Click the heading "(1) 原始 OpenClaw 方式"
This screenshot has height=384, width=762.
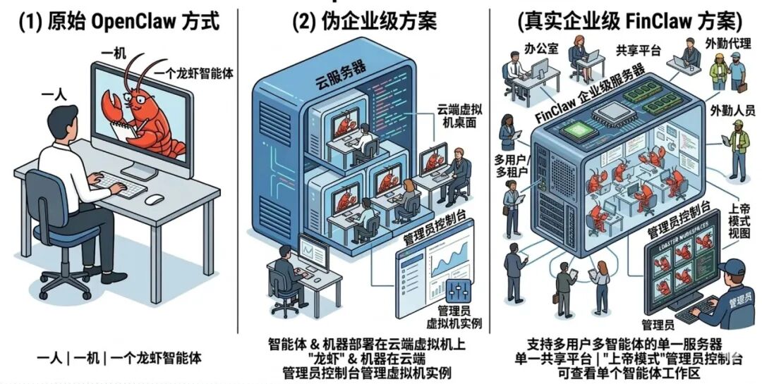(x=119, y=21)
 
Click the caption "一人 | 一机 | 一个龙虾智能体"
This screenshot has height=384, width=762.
(x=119, y=358)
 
